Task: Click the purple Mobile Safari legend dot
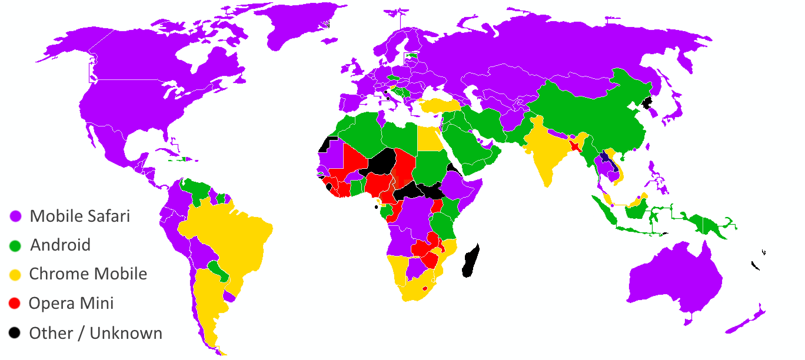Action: pyautogui.click(x=15, y=216)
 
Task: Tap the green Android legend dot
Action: pyautogui.click(x=15, y=245)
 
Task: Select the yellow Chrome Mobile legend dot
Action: pyautogui.click(x=15, y=275)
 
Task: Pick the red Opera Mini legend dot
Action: pyautogui.click(x=15, y=304)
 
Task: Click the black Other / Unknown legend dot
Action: pyautogui.click(x=15, y=333)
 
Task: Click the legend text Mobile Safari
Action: pyautogui.click(x=79, y=216)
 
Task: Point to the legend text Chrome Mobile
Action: pyautogui.click(x=88, y=274)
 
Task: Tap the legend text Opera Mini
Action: pyautogui.click(x=71, y=304)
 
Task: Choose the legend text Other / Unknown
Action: pyautogui.click(x=95, y=333)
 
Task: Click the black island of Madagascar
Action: pyautogui.click(x=472, y=262)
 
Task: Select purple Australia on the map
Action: pyautogui.click(x=677, y=276)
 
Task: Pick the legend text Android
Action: pyautogui.click(x=61, y=245)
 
